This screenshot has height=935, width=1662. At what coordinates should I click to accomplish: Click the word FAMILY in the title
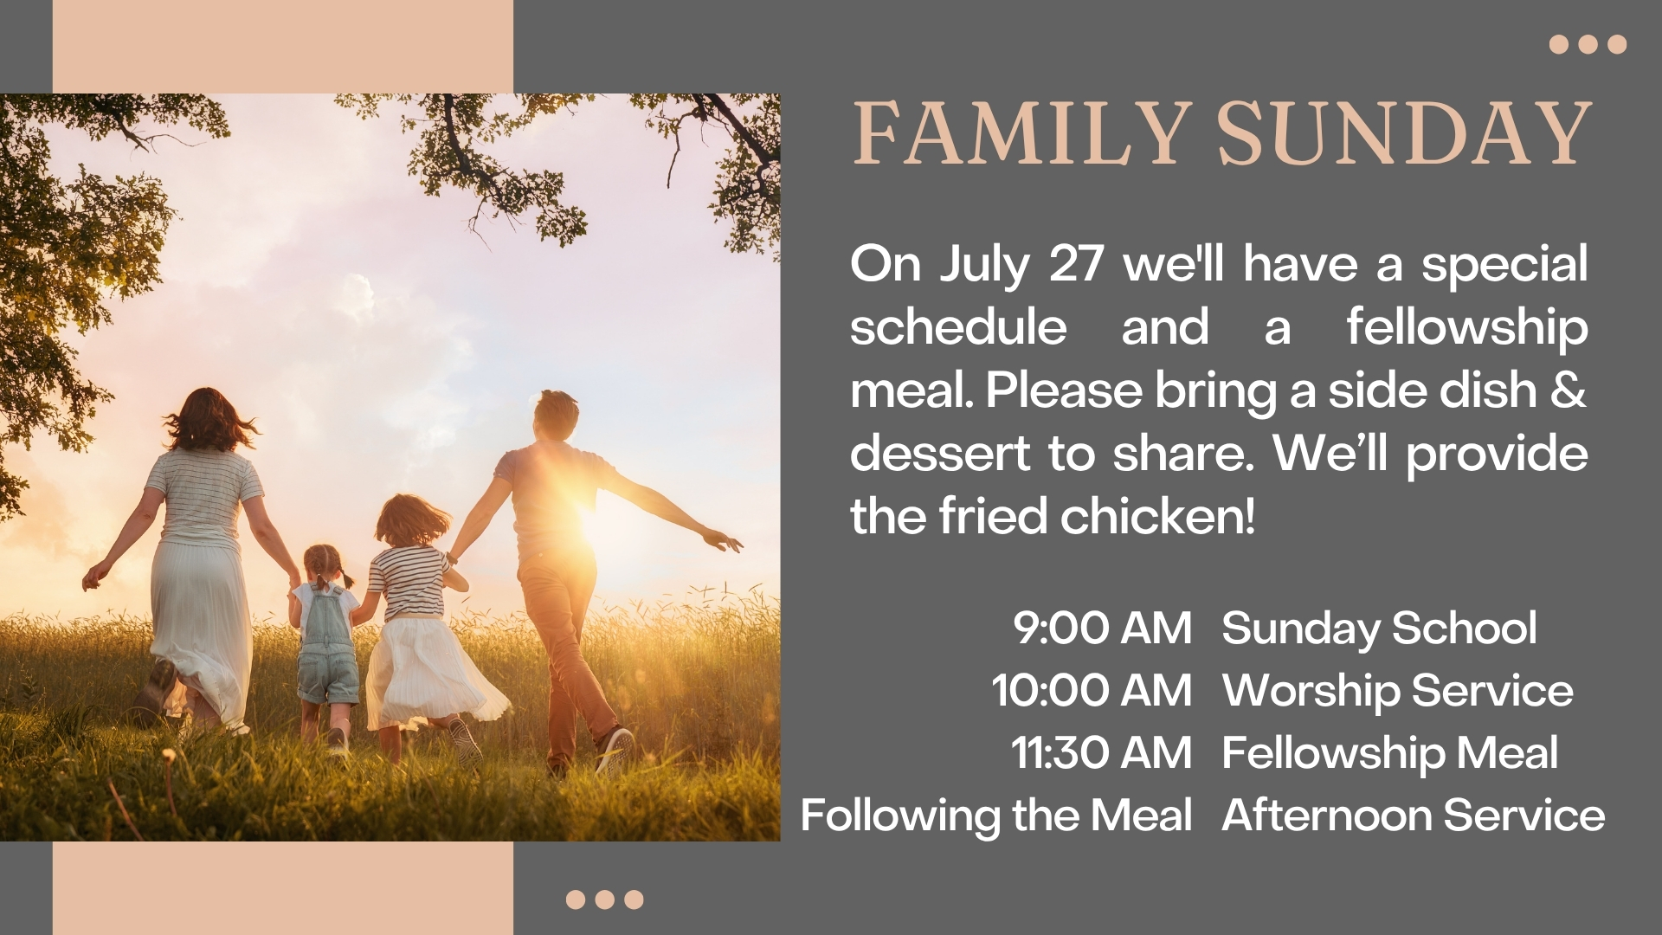point(1019,134)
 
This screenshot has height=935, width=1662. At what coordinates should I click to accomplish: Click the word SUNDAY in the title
point(1405,134)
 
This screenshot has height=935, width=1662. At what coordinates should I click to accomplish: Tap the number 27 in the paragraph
point(1076,263)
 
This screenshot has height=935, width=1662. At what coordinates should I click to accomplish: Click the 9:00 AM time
point(1103,628)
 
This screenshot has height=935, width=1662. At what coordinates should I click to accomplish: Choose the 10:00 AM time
point(1092,690)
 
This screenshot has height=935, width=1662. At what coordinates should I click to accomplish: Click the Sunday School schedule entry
point(1379,629)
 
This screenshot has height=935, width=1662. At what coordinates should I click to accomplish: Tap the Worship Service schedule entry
point(1398,691)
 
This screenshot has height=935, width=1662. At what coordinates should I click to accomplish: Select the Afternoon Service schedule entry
point(1414,816)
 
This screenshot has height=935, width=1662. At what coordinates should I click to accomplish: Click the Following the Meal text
point(996,816)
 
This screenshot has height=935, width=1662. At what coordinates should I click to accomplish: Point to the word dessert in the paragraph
point(940,453)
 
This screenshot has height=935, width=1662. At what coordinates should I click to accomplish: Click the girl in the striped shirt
point(420,623)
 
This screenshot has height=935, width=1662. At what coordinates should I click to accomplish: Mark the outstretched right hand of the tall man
point(724,541)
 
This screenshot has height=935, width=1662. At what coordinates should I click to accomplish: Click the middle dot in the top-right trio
point(1588,44)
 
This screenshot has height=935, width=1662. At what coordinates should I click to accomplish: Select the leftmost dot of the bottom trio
point(576,900)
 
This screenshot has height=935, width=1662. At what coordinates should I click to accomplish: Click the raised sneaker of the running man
point(615,750)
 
